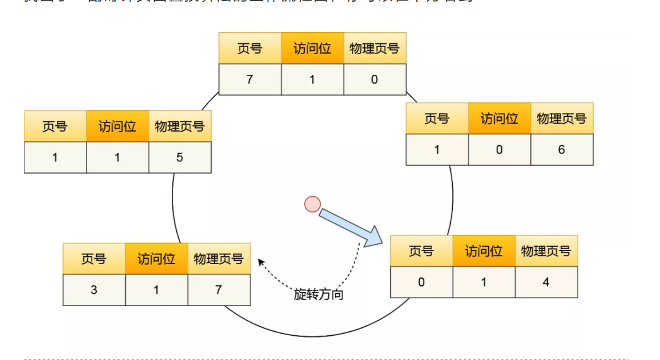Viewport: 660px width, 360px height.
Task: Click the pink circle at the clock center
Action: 312,204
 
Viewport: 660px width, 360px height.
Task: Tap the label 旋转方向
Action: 319,295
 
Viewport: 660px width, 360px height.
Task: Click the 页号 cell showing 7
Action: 250,80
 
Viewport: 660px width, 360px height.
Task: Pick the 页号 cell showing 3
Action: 94,290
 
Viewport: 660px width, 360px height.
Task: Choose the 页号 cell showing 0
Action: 421,282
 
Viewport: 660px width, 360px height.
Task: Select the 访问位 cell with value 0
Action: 499,150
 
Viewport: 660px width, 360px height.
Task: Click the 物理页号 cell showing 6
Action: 562,150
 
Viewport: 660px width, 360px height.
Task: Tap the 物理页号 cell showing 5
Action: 179,158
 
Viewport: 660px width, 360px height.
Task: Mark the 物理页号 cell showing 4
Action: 546,282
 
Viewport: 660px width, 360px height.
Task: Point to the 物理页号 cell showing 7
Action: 218,290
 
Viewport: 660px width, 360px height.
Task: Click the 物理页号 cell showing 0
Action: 375,80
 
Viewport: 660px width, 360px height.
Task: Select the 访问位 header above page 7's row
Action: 312,48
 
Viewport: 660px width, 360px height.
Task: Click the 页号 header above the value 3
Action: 94,259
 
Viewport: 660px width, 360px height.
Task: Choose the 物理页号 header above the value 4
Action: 546,251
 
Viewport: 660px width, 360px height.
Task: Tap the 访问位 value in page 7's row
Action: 312,80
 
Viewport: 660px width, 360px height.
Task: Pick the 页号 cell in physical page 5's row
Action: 55,158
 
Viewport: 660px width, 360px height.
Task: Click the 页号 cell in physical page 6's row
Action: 437,150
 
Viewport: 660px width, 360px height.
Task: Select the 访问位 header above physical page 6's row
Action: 499,119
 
